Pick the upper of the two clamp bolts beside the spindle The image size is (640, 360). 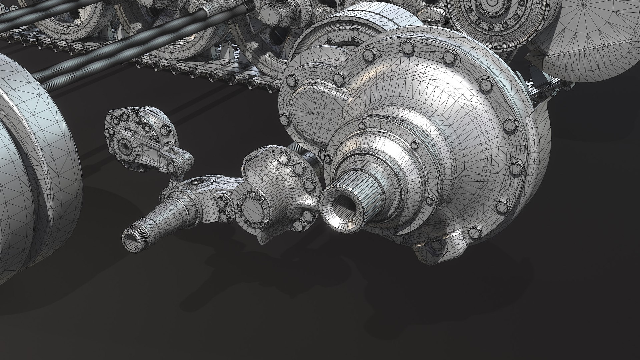tap(221, 200)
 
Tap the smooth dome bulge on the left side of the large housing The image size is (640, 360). tap(307, 110)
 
